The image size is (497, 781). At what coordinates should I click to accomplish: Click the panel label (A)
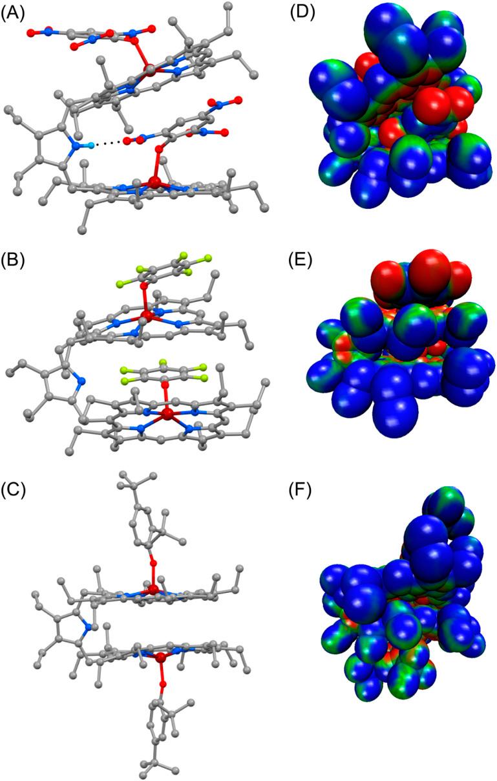[x=14, y=13]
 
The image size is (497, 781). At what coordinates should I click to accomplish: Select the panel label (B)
[x=14, y=264]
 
